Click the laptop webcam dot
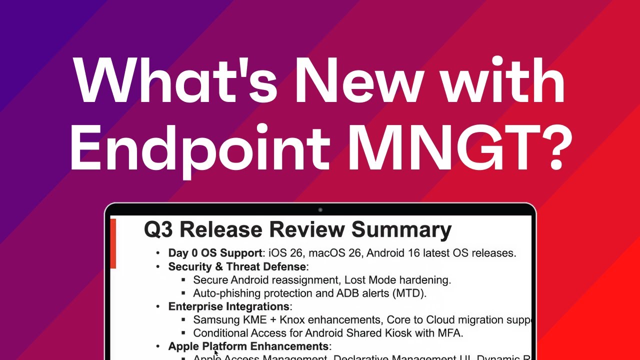coord(320,210)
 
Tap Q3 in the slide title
coord(159,229)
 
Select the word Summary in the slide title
coord(401,229)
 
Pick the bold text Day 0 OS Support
coord(215,253)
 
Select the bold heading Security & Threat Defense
coord(237,266)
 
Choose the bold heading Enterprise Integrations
coord(228,306)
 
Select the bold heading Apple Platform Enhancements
coord(248,346)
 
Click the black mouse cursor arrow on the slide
coord(216,353)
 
